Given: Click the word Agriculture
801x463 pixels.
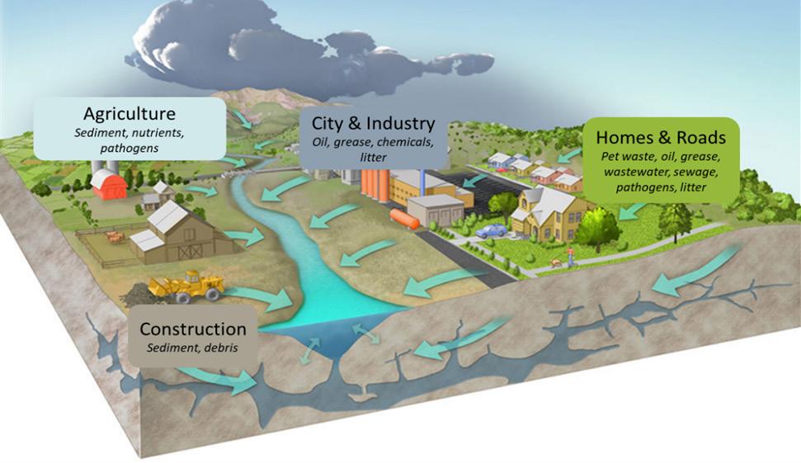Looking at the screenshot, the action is coord(129,113).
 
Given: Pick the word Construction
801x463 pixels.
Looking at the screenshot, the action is coord(193,329).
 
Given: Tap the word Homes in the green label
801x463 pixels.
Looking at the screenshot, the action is coord(624,137).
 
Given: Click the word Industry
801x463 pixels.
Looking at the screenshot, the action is coord(403,124).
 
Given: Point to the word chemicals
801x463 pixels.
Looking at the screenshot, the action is coord(401,142).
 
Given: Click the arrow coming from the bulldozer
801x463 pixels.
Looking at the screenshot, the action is coord(264,296).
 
